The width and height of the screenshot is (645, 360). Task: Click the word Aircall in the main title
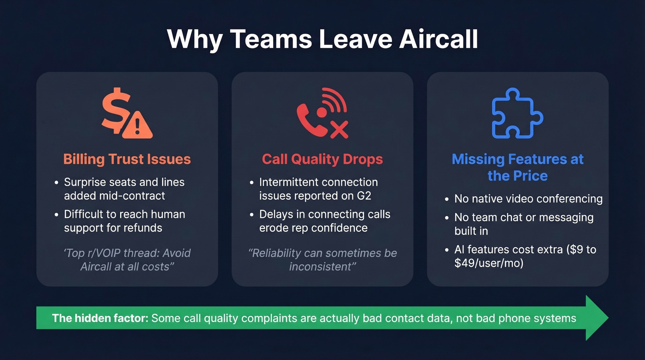[439, 40]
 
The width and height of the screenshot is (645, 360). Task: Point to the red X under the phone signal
[339, 130]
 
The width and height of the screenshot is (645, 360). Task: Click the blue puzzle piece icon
[517, 113]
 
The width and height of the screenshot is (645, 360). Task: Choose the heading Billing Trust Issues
[127, 159]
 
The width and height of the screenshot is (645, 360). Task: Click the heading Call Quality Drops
[322, 159]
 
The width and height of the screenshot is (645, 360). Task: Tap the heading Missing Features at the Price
[517, 167]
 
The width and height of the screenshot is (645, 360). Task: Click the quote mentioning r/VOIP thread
[127, 260]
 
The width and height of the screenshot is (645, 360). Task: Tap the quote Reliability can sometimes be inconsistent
[322, 260]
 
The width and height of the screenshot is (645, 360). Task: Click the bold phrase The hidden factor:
[100, 318]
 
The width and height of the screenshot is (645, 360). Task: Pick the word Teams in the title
[271, 40]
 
